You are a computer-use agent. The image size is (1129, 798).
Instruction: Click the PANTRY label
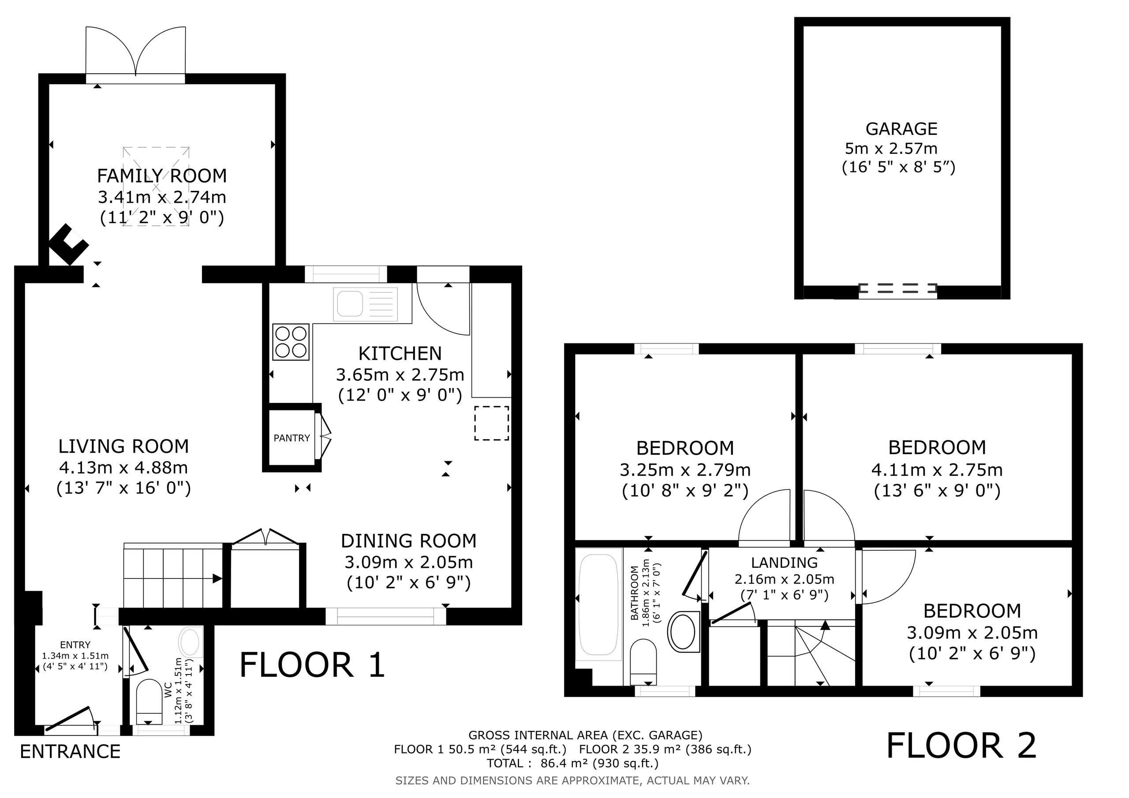(292, 438)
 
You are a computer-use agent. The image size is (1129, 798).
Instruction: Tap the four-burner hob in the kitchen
(291, 342)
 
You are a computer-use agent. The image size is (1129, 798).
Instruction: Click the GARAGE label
(901, 129)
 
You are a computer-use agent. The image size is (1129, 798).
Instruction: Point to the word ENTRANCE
(70, 751)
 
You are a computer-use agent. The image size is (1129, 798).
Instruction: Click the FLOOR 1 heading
(312, 665)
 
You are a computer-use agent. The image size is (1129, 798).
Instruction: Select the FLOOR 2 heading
(961, 746)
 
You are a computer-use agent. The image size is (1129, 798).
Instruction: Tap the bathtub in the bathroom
(598, 605)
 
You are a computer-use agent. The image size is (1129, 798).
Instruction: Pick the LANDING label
(784, 563)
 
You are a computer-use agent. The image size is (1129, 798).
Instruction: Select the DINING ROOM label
(409, 541)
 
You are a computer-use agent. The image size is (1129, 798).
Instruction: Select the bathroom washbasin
(684, 631)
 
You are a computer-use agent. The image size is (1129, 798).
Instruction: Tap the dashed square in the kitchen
(491, 423)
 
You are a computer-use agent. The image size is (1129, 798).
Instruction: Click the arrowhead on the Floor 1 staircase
(217, 579)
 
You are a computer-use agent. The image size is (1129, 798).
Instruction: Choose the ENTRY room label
(75, 645)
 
